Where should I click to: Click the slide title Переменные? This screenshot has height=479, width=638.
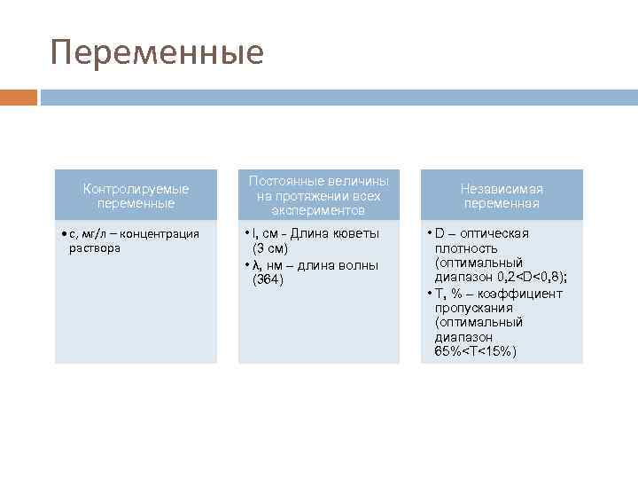point(157,52)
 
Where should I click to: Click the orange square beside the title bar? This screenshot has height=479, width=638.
point(19,97)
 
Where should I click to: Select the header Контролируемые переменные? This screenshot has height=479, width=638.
point(136,196)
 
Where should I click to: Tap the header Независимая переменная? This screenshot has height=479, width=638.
point(501,196)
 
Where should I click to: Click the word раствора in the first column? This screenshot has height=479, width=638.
point(94,248)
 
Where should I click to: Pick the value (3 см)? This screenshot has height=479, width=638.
point(270,248)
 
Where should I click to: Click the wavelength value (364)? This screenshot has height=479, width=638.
point(268,279)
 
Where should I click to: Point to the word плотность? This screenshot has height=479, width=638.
point(466,248)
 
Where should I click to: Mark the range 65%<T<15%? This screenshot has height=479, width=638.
point(476,352)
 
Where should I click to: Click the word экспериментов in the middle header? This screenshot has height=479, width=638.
point(318,211)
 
